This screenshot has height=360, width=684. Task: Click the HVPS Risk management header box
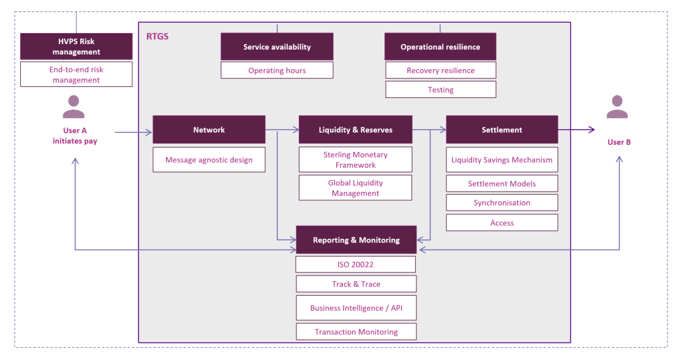[76, 47]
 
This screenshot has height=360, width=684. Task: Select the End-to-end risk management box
[76, 75]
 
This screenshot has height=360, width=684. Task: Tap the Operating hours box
[277, 70]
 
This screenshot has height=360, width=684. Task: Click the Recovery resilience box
[440, 70]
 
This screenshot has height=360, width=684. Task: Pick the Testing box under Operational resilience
[440, 89]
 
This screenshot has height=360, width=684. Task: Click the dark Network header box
[209, 130]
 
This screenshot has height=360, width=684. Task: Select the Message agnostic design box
[209, 160]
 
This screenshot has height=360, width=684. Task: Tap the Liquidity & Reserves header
[355, 130]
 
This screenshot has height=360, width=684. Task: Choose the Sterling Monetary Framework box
[355, 160]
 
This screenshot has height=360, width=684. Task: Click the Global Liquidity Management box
[355, 188]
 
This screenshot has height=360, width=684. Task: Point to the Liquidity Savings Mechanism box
[502, 160]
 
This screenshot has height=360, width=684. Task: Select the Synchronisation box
[502, 203]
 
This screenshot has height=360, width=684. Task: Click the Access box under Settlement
[502, 223]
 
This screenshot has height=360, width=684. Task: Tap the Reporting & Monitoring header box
[356, 240]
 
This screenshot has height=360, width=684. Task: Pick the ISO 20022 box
[355, 264]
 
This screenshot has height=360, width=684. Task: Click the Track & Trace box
[356, 284]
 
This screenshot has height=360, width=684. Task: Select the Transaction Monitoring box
[356, 332]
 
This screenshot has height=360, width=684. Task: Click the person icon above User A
[74, 107]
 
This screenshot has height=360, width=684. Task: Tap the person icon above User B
[617, 107]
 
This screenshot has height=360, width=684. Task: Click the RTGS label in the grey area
[157, 37]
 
